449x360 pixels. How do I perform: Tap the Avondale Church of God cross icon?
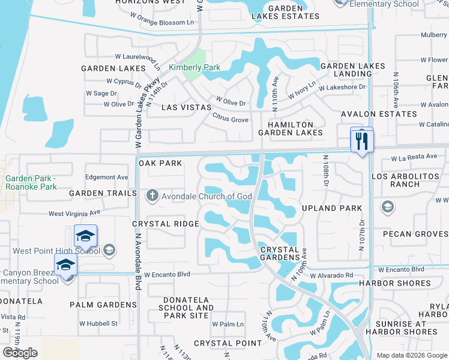pyautogui.click(x=152, y=194)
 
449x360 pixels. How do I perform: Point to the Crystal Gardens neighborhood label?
pyautogui.click(x=280, y=253)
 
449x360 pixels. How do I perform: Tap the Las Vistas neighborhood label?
pyautogui.click(x=187, y=107)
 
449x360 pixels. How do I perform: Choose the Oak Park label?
pyautogui.click(x=160, y=163)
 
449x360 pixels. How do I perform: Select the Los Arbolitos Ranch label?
pyautogui.click(x=404, y=181)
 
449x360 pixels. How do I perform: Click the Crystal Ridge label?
pyautogui.click(x=165, y=224)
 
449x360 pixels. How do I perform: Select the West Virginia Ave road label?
pyautogui.click(x=74, y=214)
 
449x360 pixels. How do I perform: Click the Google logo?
pyautogui.click(x=20, y=353)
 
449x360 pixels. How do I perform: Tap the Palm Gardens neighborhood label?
pyautogui.click(x=103, y=305)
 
